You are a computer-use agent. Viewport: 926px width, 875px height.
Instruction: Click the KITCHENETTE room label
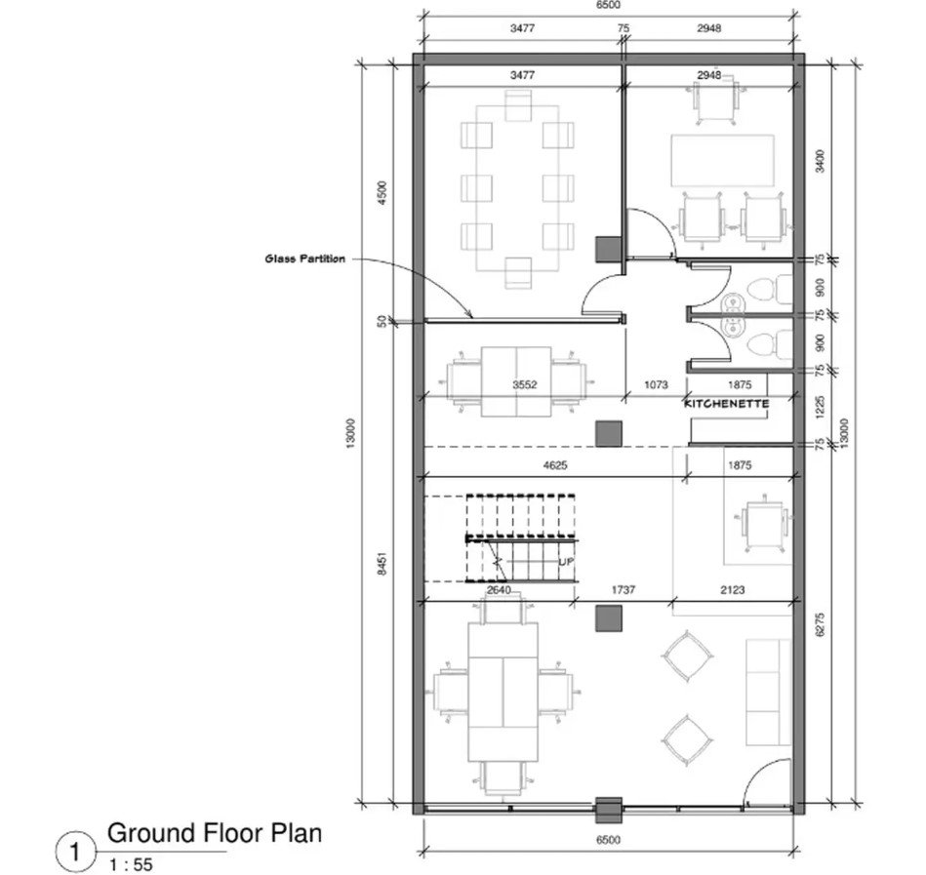[x=726, y=404]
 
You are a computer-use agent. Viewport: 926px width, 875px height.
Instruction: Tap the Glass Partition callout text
[x=304, y=259]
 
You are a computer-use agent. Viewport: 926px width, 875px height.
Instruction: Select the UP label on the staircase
[x=566, y=562]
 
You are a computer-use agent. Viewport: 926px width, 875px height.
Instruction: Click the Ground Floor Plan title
[x=215, y=833]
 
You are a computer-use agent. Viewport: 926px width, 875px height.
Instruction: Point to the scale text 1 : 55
[x=131, y=864]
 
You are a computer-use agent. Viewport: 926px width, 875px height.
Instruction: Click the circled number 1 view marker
[x=75, y=853]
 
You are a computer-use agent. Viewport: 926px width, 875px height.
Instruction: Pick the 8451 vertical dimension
[x=382, y=564]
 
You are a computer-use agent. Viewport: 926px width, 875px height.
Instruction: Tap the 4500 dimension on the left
[x=382, y=192]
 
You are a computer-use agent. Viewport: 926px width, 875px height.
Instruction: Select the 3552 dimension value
[x=524, y=385]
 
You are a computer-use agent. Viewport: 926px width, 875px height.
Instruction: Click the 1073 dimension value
[x=656, y=385]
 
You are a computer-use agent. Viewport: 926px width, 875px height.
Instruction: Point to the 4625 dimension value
[x=554, y=465]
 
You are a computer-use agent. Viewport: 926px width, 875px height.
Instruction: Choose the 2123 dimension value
[x=732, y=589]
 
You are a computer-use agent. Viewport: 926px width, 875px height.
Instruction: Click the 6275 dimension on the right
[x=820, y=624]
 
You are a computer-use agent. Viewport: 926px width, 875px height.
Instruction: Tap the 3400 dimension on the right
[x=820, y=161]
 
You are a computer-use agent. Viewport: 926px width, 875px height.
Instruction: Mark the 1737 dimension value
[x=624, y=589]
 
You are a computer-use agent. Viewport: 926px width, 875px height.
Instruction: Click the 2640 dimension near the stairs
[x=499, y=589]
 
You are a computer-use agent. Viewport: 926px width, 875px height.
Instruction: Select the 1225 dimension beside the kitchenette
[x=820, y=408]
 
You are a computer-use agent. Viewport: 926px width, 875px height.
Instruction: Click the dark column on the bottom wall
[x=608, y=810]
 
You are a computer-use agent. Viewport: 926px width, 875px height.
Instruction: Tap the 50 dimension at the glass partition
[x=382, y=321]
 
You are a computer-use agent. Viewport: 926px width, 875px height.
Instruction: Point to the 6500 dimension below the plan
[x=608, y=840]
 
